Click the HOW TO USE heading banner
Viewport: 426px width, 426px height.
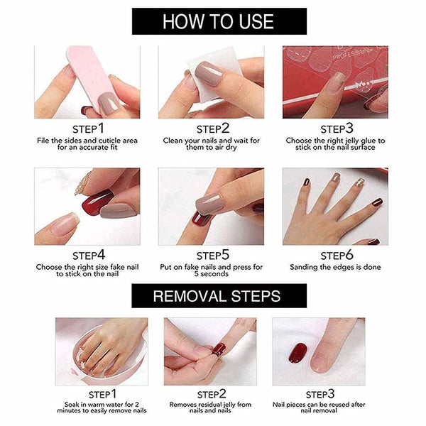(213, 21)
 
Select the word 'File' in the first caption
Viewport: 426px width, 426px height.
(43, 141)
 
